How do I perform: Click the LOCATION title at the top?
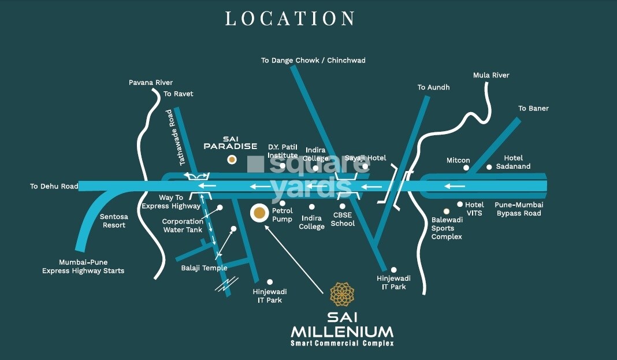289,18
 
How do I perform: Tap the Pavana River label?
151,83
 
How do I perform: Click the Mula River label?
491,75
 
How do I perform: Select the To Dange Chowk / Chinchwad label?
313,60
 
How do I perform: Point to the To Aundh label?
433,87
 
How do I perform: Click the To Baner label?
533,108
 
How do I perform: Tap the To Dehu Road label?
54,186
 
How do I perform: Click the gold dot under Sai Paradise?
231,159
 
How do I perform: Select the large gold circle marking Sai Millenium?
259,213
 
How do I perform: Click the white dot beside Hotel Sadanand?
489,167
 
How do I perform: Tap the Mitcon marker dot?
465,168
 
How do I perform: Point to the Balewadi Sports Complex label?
447,228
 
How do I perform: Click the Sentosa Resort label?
114,221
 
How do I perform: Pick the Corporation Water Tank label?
182,225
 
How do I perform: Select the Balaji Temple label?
204,268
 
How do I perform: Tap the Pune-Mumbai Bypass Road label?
518,209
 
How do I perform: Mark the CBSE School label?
343,219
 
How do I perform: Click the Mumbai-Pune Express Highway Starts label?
83,266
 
